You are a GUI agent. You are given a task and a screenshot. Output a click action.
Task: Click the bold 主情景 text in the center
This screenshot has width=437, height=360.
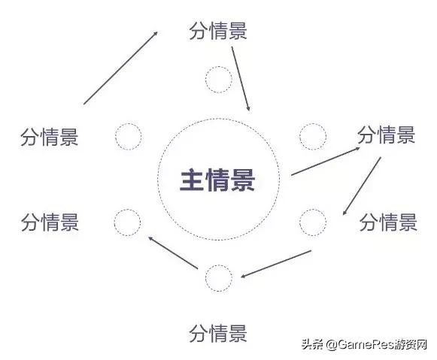(x=217, y=180)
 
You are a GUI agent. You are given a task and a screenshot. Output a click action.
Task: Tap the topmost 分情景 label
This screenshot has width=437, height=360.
(x=218, y=31)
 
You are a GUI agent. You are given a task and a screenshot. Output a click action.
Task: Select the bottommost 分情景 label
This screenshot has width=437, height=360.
(x=218, y=333)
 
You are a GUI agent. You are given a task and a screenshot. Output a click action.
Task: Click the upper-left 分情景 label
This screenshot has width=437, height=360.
(x=50, y=137)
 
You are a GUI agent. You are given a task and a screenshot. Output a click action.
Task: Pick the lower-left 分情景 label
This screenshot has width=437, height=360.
(x=50, y=222)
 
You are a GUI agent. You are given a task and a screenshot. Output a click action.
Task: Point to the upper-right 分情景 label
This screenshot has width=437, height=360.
(x=387, y=135)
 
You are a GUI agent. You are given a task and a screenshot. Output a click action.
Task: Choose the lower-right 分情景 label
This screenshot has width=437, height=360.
(x=389, y=222)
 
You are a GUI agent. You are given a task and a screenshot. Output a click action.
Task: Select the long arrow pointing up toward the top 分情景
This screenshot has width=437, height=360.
(x=120, y=68)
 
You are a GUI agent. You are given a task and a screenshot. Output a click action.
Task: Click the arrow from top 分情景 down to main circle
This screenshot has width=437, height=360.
(x=241, y=79)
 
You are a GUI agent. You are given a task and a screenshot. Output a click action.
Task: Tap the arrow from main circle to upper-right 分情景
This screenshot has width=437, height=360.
(x=326, y=161)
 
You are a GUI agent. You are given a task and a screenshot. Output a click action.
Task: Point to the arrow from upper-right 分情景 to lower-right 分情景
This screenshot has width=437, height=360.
(x=362, y=186)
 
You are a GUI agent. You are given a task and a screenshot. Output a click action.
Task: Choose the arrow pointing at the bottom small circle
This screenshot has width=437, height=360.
(x=276, y=264)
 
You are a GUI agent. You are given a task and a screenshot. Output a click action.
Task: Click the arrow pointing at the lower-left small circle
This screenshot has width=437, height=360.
(x=173, y=253)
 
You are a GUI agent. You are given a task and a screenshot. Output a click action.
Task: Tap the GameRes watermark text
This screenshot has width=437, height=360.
(x=364, y=345)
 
